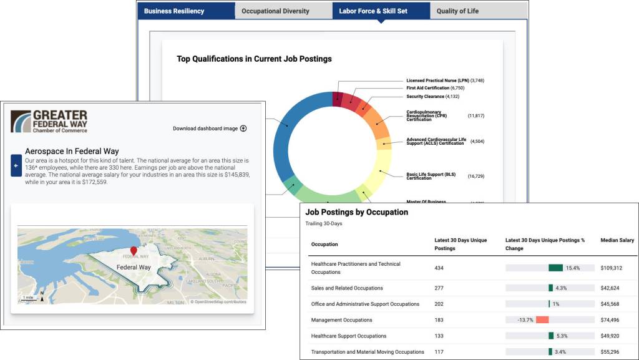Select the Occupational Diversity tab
click(x=275, y=11)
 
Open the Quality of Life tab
click(x=457, y=11)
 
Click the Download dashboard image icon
click(x=243, y=129)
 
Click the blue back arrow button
click(x=16, y=165)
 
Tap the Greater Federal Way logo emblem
click(x=21, y=122)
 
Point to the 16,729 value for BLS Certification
click(x=476, y=177)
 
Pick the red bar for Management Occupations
click(x=542, y=320)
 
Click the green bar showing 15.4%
click(x=555, y=268)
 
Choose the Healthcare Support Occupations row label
click(x=348, y=336)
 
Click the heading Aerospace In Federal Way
click(x=72, y=151)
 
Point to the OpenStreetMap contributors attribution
click(x=218, y=302)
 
